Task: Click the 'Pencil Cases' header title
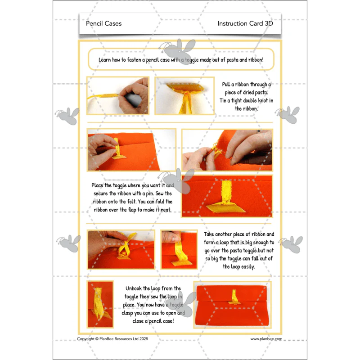(x=104, y=23)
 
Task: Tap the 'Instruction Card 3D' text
(x=245, y=23)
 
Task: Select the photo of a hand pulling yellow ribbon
(x=118, y=96)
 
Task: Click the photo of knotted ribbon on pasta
(x=184, y=96)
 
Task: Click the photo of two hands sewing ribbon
(x=227, y=150)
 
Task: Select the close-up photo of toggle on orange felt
(x=227, y=196)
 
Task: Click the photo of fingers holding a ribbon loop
(x=121, y=249)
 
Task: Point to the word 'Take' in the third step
(x=209, y=234)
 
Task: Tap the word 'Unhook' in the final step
(x=134, y=288)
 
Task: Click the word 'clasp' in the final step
(x=127, y=313)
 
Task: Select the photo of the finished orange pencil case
(x=232, y=305)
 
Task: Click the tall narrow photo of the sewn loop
(x=100, y=304)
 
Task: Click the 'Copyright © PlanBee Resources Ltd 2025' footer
(x=112, y=339)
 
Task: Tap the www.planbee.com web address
(x=266, y=339)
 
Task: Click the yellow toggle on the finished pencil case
(x=234, y=297)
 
